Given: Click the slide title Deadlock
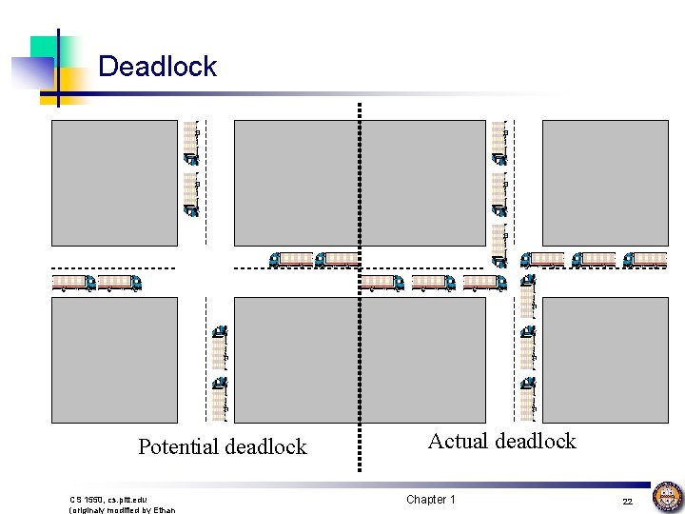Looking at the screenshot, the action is coord(157,67).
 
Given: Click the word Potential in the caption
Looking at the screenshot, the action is coord(178,446).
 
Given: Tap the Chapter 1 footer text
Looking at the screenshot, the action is coord(430,500).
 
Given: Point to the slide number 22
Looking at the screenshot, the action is coord(627,501).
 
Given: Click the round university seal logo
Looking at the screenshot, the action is coord(666,498).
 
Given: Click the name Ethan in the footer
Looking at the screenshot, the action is coord(161,509).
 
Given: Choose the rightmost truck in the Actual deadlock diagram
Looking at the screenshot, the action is coord(644,259).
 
